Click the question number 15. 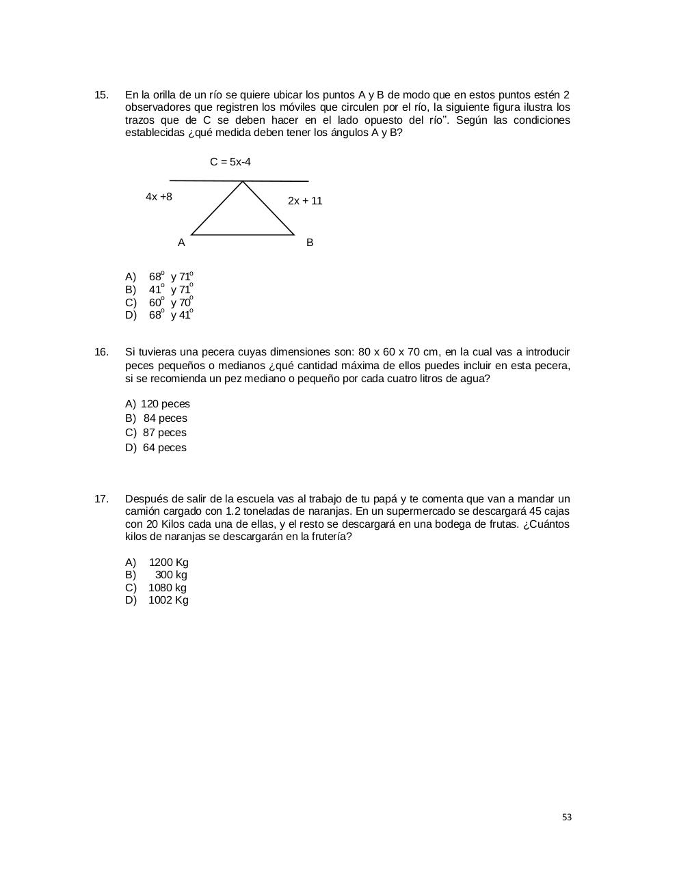(x=101, y=94)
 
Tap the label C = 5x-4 (x=230, y=162)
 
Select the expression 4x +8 (x=159, y=197)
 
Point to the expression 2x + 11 (x=305, y=201)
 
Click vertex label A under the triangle (x=181, y=243)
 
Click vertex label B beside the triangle (x=310, y=243)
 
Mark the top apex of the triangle (x=243, y=182)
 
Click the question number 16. (x=101, y=352)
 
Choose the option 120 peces (x=165, y=404)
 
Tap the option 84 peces (x=165, y=418)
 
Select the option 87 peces (x=164, y=433)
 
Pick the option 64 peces (x=164, y=448)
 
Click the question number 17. (x=101, y=499)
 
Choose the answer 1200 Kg (x=168, y=563)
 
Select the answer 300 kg (x=171, y=575)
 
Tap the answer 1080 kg (x=167, y=588)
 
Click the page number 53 (x=567, y=817)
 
